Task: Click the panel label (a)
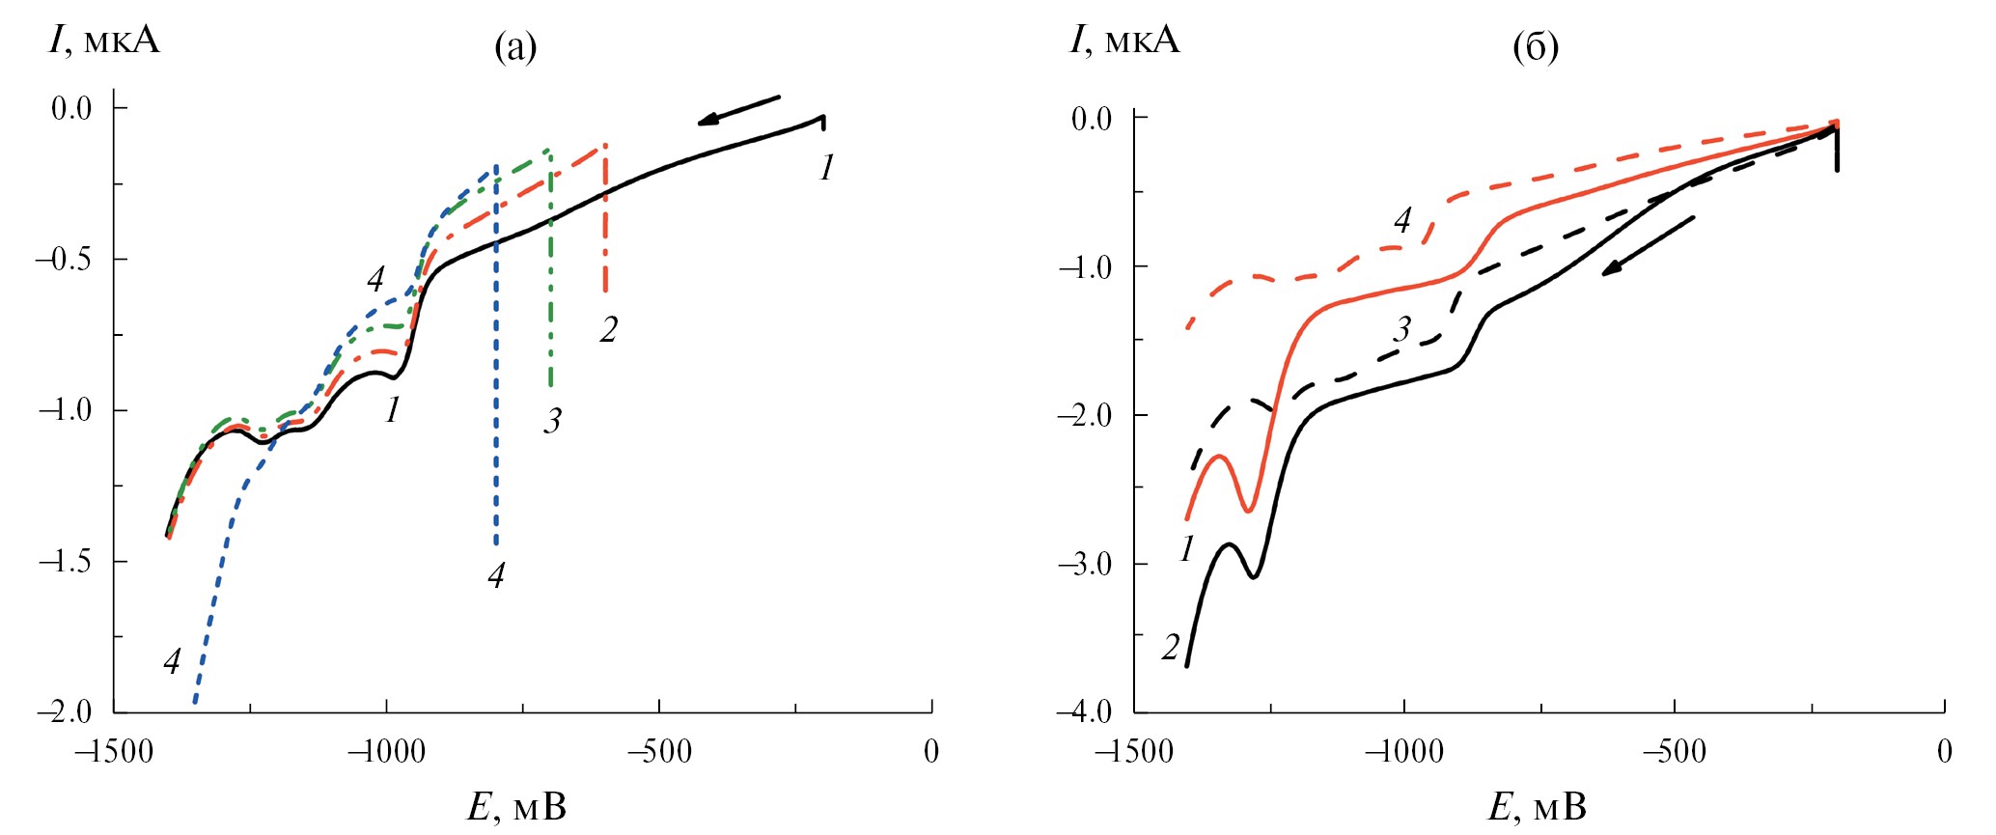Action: click(x=514, y=46)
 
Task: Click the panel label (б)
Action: click(x=1535, y=46)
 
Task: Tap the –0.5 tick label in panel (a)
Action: click(x=64, y=259)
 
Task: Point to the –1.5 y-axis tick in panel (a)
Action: click(x=64, y=561)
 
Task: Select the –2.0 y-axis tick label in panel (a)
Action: click(x=64, y=712)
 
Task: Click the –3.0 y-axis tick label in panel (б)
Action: click(x=1085, y=564)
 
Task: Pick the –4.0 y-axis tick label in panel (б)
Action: click(x=1085, y=712)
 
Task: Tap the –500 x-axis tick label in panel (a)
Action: click(x=659, y=752)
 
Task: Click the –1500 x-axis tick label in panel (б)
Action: click(x=1133, y=752)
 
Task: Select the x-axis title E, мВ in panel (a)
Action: click(x=516, y=807)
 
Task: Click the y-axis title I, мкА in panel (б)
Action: click(x=1124, y=41)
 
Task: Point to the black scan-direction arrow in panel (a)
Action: click(x=738, y=108)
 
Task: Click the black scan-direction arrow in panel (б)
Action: click(x=1648, y=246)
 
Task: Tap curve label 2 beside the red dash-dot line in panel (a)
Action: click(x=608, y=330)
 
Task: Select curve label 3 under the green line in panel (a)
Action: click(x=552, y=421)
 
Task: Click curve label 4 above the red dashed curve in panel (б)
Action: click(x=1402, y=220)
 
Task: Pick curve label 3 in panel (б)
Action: click(x=1402, y=330)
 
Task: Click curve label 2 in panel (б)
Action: click(x=1171, y=647)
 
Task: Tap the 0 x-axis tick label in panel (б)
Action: click(x=1944, y=752)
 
